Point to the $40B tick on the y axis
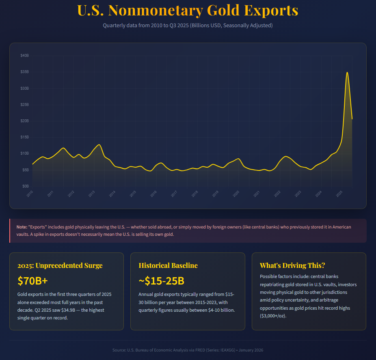coord(25,55)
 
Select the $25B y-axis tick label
coord(25,104)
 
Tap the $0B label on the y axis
coord(26,186)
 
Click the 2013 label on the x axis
coord(92,194)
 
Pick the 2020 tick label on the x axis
coord(236,194)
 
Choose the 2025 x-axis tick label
coord(339,194)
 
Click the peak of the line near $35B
coord(347,72)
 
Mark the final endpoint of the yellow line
coord(352,119)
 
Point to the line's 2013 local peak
coord(99,144)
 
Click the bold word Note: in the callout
coord(22,226)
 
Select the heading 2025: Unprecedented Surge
coord(60,266)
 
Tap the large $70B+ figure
coord(33,281)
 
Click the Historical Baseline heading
coord(168,265)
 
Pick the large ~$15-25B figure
coord(162,281)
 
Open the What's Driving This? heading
coord(292,265)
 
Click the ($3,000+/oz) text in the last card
coord(273,316)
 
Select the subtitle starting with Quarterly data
coord(188,26)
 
